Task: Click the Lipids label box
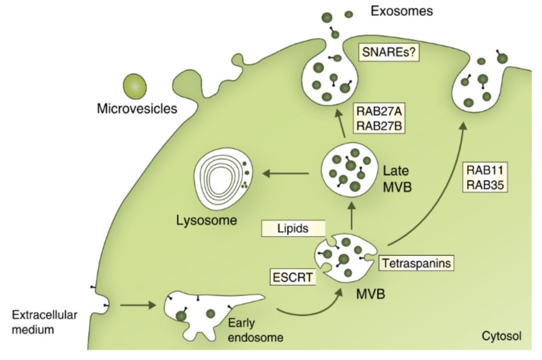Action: click(x=293, y=228)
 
